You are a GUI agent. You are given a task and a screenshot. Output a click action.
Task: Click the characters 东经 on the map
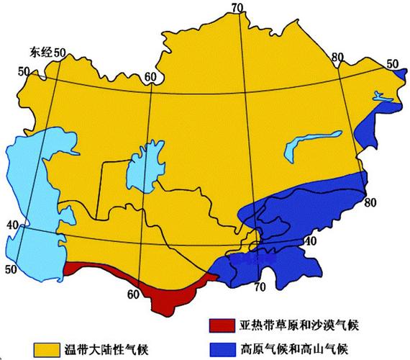[x=41, y=53]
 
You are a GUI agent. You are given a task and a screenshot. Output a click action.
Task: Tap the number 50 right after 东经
[x=60, y=53]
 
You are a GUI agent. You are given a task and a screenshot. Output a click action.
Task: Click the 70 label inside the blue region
[x=259, y=287]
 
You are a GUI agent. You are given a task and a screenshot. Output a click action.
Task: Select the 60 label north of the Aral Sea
[x=150, y=77]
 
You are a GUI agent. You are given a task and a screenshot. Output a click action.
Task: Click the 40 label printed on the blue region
[x=309, y=240]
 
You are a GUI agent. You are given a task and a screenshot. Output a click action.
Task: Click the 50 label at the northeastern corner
[x=393, y=64]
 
